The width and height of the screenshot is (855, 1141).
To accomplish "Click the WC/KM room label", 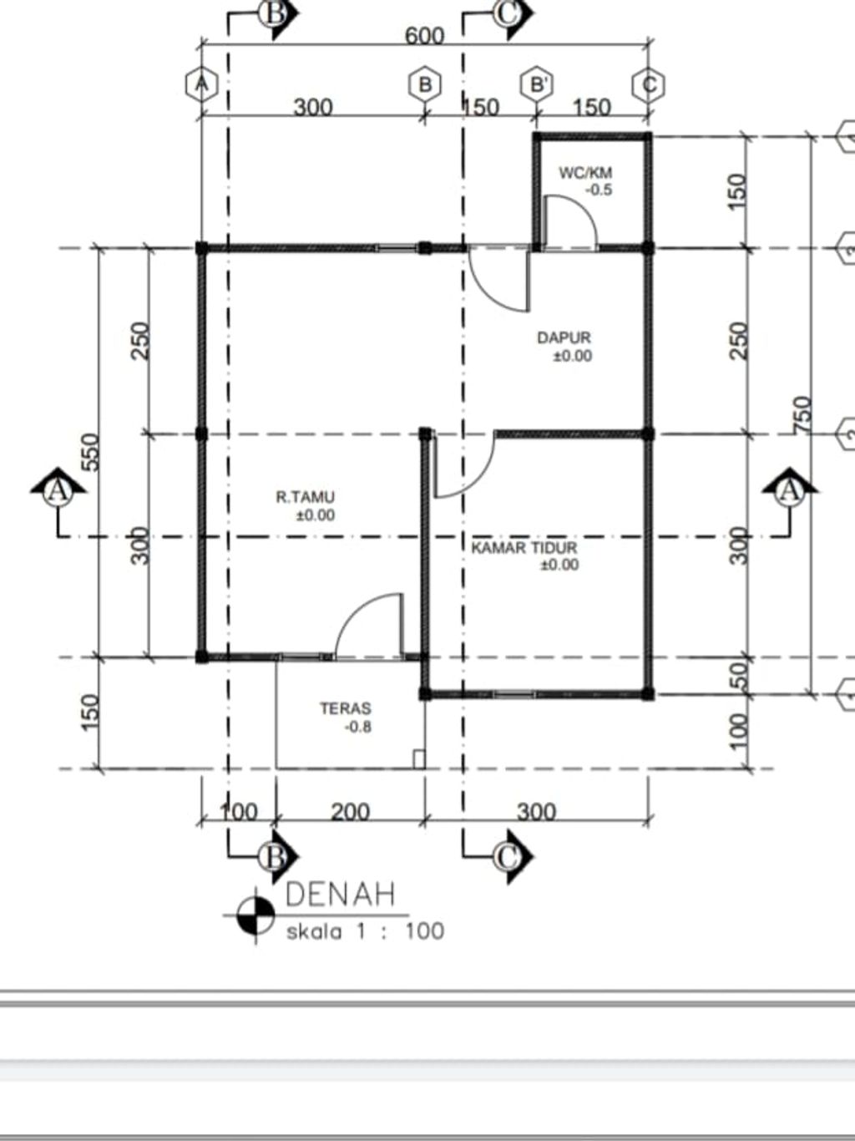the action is [x=585, y=173].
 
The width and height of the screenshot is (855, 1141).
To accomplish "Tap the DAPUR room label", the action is [x=564, y=338].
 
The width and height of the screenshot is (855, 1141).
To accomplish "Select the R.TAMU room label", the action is [x=306, y=498].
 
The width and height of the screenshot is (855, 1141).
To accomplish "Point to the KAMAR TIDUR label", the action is [x=524, y=548].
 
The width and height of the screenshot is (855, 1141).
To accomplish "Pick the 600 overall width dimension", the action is [x=424, y=36].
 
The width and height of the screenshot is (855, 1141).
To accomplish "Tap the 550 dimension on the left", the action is [x=90, y=452].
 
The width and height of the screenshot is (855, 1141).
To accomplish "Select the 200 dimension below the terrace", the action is [x=351, y=811].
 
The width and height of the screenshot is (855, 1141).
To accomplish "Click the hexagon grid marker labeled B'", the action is [x=537, y=84].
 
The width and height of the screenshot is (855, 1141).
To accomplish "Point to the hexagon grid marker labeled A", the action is [x=201, y=84].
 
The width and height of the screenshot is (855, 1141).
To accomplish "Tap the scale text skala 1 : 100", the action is [x=365, y=931].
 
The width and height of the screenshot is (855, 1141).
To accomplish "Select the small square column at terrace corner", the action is [x=418, y=759].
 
